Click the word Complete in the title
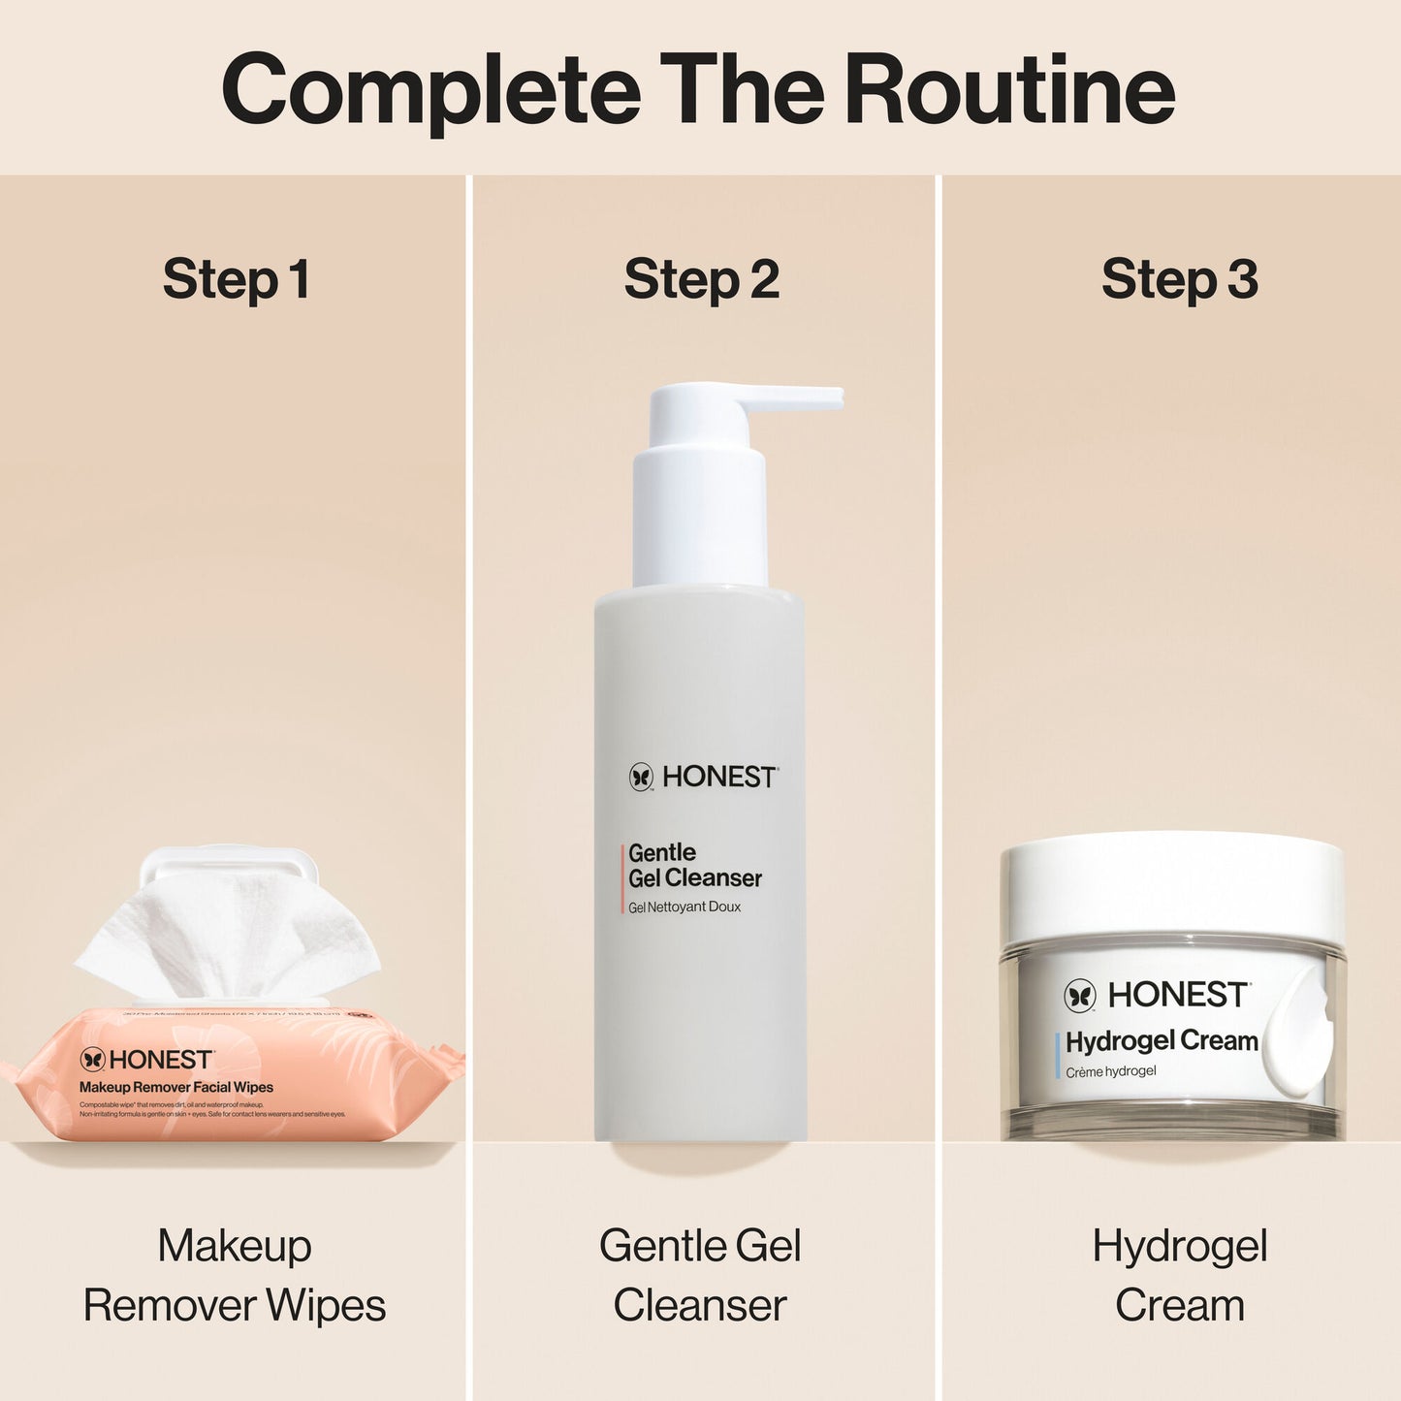pyautogui.click(x=430, y=90)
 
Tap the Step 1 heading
pyautogui.click(x=236, y=279)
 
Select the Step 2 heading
pyautogui.click(x=701, y=279)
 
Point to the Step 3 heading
pyautogui.click(x=1179, y=279)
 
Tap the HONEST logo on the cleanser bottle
pyautogui.click(x=703, y=777)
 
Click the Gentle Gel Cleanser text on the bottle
pyautogui.click(x=694, y=866)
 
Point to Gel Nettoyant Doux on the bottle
pyautogui.click(x=685, y=907)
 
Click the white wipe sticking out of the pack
pyautogui.click(x=228, y=936)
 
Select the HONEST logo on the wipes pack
pyautogui.click(x=146, y=1060)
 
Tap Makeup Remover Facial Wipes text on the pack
pyautogui.click(x=176, y=1088)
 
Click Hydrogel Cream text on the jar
pyautogui.click(x=1162, y=1041)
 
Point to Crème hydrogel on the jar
pyautogui.click(x=1111, y=1071)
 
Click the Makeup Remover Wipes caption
pyautogui.click(x=235, y=1275)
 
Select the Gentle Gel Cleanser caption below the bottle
pyautogui.click(x=700, y=1275)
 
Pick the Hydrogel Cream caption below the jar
pyautogui.click(x=1179, y=1275)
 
